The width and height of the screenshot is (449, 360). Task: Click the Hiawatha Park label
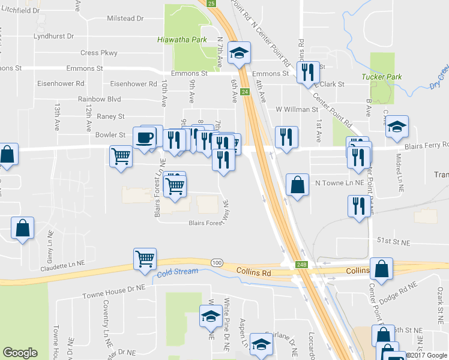[x=181, y=40]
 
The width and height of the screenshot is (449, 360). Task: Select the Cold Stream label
[x=178, y=272]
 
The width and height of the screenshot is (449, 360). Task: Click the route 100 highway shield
[x=217, y=263]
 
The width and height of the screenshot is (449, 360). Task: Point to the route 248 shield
[x=301, y=265]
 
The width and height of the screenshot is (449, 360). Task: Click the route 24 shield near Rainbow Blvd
[x=245, y=92]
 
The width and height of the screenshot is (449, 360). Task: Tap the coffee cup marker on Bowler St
[x=144, y=138]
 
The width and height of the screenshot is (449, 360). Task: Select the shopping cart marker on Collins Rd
[x=145, y=259]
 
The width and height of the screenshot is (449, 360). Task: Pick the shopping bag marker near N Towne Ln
[x=298, y=185]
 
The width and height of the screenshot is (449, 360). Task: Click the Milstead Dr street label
[x=125, y=19]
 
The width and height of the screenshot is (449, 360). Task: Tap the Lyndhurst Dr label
[x=53, y=36]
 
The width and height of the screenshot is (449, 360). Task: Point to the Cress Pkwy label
[x=98, y=53]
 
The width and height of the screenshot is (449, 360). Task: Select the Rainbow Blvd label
[x=99, y=99]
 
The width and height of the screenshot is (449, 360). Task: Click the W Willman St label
[x=297, y=110]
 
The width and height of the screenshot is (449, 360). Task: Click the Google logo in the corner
[x=20, y=353]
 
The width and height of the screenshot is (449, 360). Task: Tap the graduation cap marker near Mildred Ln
[x=397, y=127]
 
